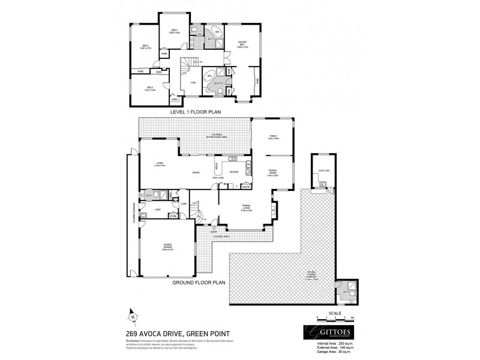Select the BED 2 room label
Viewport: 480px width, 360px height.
click(150, 88)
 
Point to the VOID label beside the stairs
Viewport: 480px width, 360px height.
click(193, 83)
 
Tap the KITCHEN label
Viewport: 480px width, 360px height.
click(233, 172)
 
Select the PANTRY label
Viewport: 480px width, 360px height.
click(246, 187)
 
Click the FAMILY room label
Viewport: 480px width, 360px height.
click(273, 137)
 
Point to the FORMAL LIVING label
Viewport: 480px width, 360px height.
click(246, 210)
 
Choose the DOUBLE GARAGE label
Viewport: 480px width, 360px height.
click(167, 248)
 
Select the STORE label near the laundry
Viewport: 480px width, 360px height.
click(173, 215)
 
